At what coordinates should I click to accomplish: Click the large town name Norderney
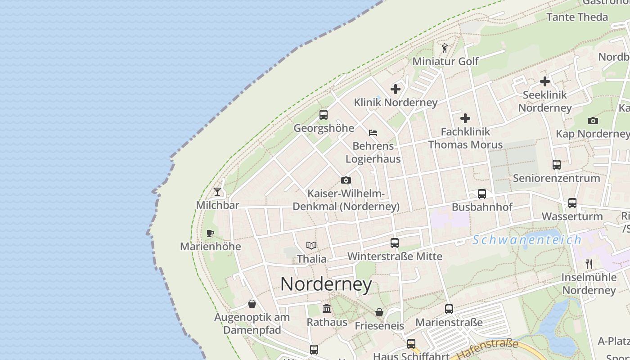[x=326, y=284]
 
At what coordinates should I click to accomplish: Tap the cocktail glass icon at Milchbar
[x=217, y=192]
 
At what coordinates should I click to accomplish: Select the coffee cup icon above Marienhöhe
[x=210, y=233]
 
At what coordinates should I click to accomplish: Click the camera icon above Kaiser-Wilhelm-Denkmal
[x=346, y=180]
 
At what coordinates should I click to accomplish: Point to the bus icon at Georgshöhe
[x=323, y=114]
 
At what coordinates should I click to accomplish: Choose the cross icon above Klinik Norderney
[x=396, y=89]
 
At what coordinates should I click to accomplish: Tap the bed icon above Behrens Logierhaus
[x=373, y=133]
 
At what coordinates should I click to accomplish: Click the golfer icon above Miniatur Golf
[x=445, y=48]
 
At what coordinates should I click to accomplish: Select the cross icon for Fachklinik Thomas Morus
[x=465, y=118]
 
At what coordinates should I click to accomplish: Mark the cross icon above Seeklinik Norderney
[x=545, y=81]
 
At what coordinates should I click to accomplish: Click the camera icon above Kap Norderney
[x=593, y=121]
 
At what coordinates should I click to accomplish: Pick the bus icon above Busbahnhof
[x=482, y=194]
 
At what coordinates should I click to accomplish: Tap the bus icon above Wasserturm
[x=572, y=203]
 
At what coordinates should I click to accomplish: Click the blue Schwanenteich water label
[x=527, y=240]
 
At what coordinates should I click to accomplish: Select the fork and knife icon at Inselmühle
[x=589, y=264]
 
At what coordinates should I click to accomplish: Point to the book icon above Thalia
[x=311, y=246]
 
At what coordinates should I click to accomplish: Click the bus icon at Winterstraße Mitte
[x=395, y=243]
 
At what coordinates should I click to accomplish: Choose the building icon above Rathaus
[x=327, y=309]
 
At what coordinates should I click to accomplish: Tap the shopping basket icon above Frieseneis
[x=379, y=312]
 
